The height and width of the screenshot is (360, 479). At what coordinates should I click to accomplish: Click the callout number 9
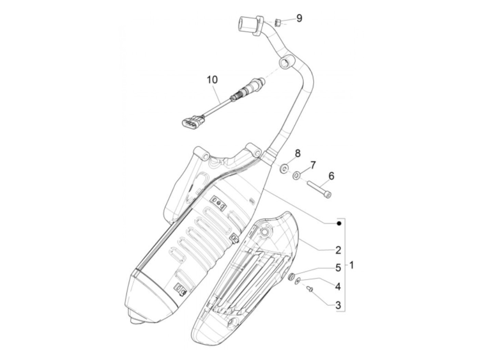[x=299, y=18]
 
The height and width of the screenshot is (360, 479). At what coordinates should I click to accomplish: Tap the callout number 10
[x=212, y=80]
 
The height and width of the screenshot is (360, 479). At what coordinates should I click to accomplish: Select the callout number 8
[x=297, y=153]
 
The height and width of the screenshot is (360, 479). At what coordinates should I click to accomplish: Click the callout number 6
[x=331, y=176]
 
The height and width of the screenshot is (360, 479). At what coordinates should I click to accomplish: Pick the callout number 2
[x=338, y=250]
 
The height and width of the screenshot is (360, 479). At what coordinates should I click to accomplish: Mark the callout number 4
[x=338, y=286]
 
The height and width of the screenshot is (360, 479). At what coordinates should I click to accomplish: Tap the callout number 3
[x=338, y=305]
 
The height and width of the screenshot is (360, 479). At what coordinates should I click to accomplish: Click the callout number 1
[x=352, y=265]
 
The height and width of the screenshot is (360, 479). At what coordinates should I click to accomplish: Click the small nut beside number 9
[x=278, y=23]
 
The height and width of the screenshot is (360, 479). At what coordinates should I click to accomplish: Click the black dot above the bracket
[x=339, y=223]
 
